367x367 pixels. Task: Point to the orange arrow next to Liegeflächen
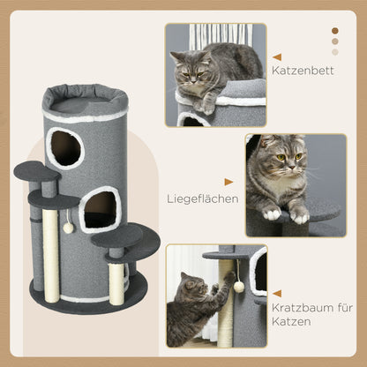(x=229, y=182)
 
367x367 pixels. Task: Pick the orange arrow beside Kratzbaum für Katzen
(x=277, y=294)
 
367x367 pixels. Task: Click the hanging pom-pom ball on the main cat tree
(x=68, y=227)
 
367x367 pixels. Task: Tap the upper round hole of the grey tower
(x=64, y=146)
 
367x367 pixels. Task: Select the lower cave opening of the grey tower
(x=101, y=210)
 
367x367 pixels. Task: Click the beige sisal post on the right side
(x=117, y=281)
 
